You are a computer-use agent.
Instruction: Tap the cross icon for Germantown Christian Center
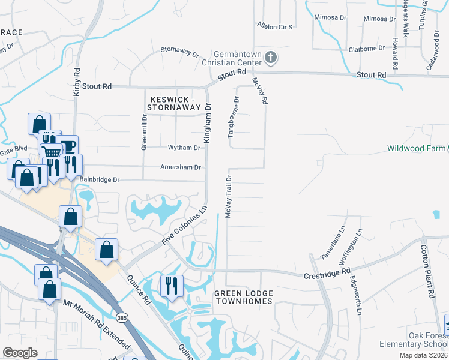(271, 58)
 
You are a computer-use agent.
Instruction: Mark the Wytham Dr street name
(187, 148)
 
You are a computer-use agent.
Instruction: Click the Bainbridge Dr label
(100, 179)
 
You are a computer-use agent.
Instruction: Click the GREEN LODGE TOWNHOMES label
(244, 297)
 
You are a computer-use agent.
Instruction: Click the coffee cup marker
(68, 145)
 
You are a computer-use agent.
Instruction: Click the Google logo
(20, 352)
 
